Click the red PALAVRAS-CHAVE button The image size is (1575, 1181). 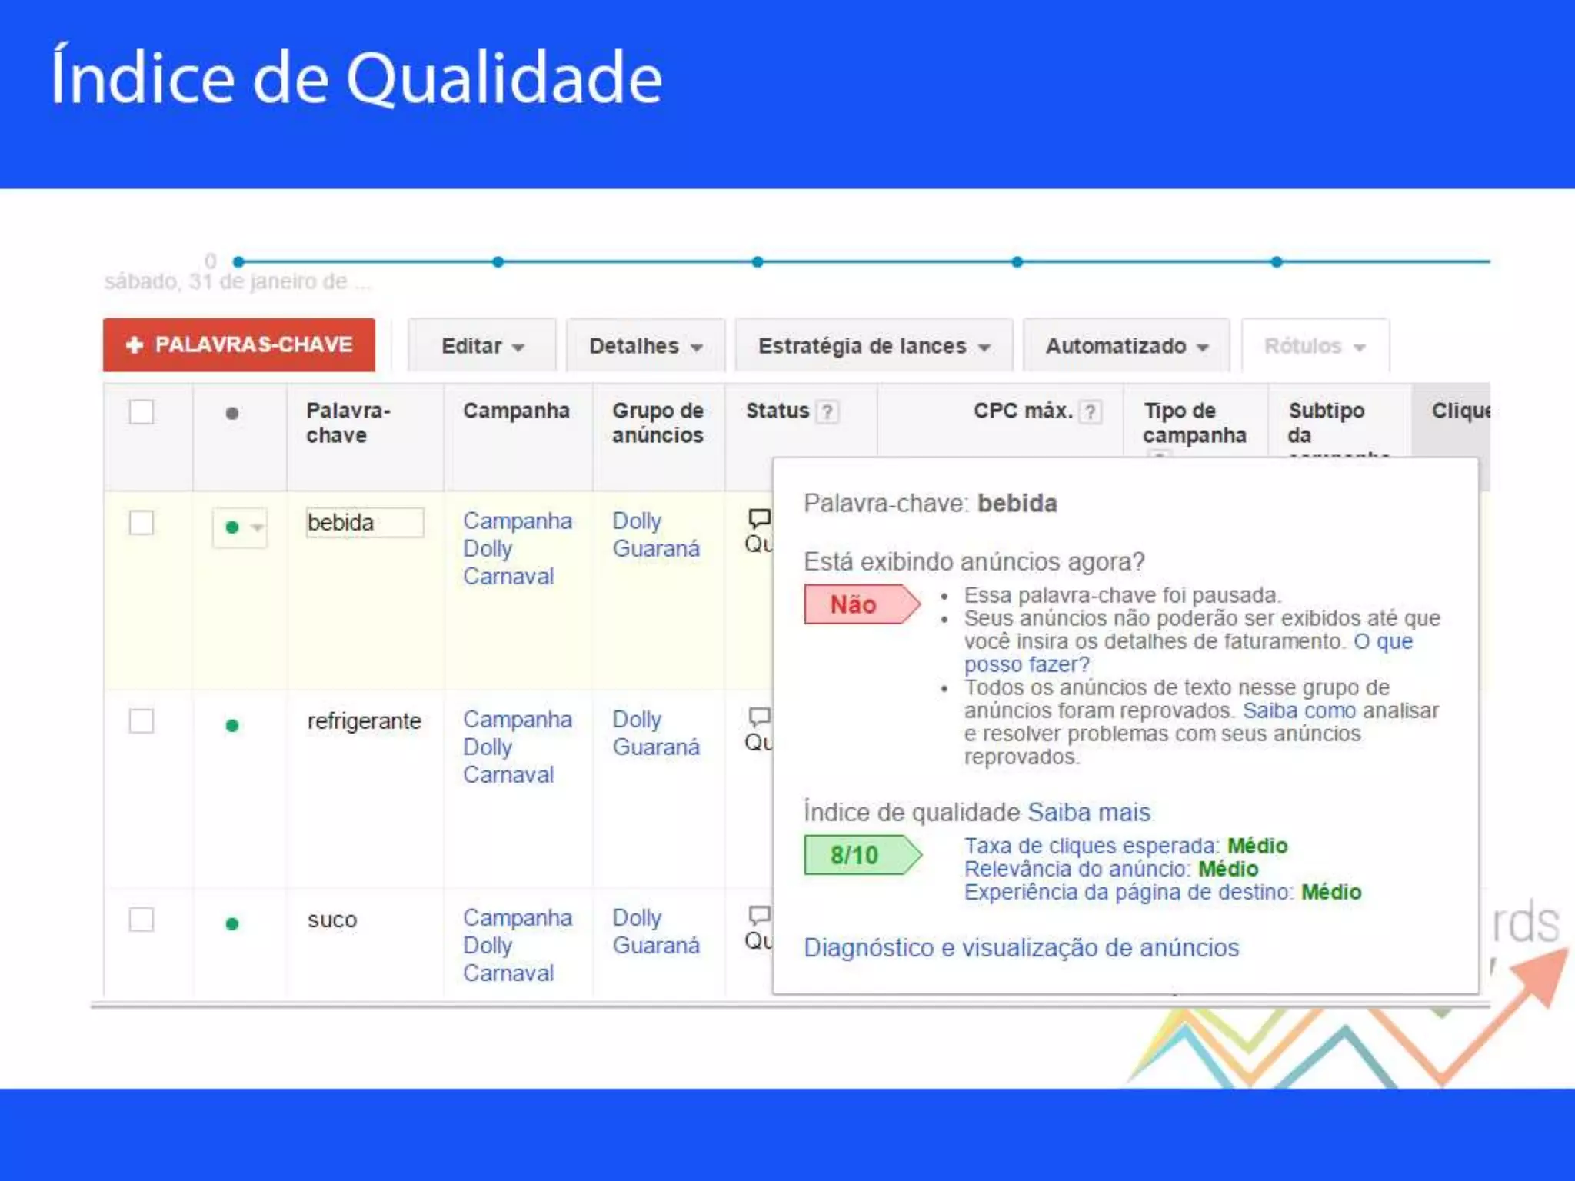[239, 345]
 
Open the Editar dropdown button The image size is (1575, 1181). [482, 346]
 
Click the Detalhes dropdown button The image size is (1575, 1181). [645, 346]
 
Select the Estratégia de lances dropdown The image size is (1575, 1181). [874, 346]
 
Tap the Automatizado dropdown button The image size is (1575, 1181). [1127, 346]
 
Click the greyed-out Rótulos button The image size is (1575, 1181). [1314, 346]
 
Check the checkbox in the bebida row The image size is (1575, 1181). [142, 523]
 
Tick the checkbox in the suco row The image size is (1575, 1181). [142, 920]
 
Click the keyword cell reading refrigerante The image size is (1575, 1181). [364, 721]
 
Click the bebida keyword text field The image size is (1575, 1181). [364, 523]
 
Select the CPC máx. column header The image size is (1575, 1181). [1023, 411]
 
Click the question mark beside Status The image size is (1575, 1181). [827, 412]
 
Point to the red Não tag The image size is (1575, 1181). [859, 604]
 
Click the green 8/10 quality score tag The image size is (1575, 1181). [859, 855]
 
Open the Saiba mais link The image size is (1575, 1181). [1089, 812]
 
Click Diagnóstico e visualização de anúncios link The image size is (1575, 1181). [1021, 947]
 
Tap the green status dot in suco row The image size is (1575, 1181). [232, 923]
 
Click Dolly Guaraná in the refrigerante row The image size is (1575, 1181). [655, 734]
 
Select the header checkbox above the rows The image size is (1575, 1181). [142, 412]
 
